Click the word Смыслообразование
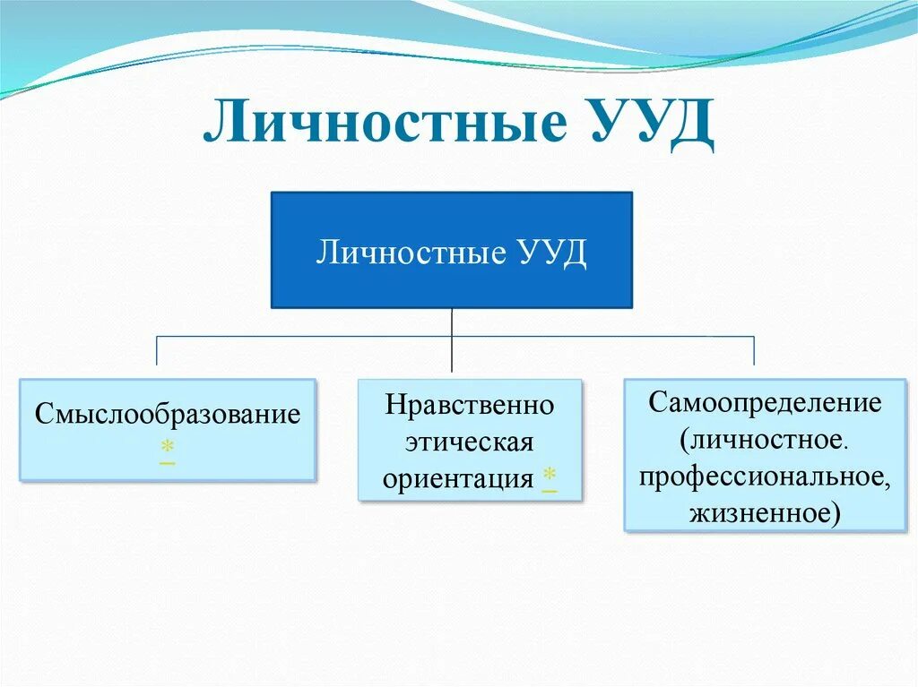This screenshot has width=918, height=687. point(168,416)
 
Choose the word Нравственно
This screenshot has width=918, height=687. point(470,405)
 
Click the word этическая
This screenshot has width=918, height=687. point(470,442)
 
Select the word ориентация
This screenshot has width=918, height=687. point(457,479)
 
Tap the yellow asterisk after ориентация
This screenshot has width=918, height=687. point(549,477)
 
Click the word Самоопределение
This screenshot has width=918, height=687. point(766,402)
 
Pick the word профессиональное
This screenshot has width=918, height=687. point(765,477)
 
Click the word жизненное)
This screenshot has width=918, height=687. point(765,513)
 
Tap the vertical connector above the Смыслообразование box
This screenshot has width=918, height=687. point(158,351)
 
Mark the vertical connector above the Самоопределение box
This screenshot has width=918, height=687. point(753,351)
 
